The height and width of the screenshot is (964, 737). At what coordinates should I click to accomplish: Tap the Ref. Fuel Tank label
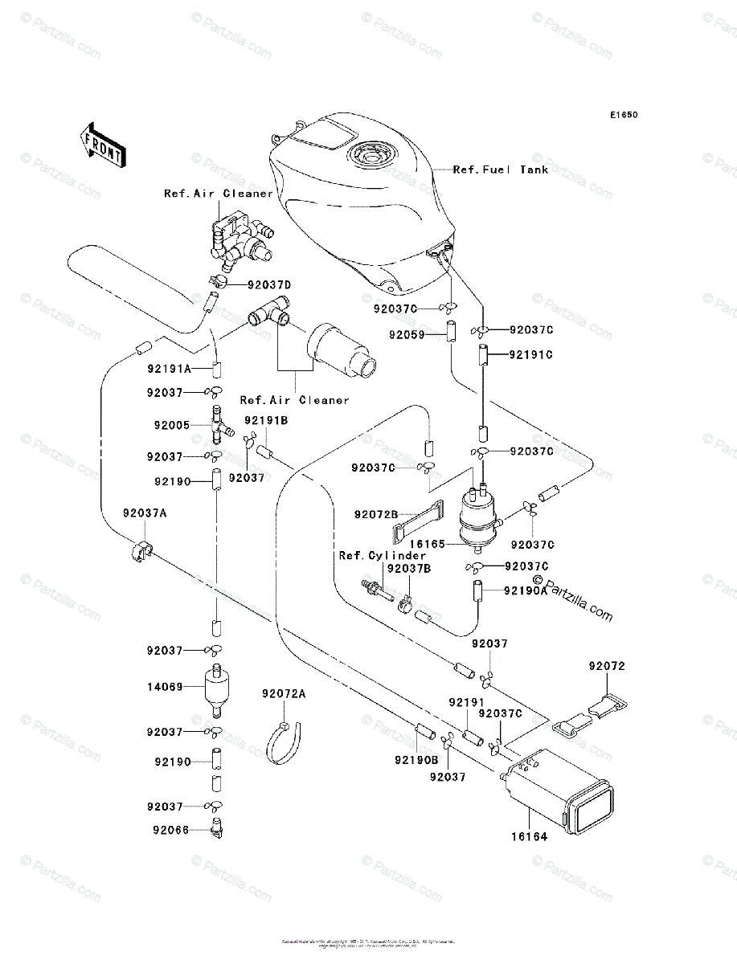pyautogui.click(x=501, y=170)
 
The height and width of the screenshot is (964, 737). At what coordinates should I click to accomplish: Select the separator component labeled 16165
pyautogui.click(x=478, y=517)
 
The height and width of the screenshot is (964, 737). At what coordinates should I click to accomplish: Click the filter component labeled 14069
pyautogui.click(x=215, y=689)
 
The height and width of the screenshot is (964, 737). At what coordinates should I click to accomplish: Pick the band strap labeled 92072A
pyautogui.click(x=286, y=738)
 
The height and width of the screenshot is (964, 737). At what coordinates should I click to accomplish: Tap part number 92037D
pyautogui.click(x=269, y=284)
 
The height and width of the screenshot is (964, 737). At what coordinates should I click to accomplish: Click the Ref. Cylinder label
pyautogui.click(x=382, y=556)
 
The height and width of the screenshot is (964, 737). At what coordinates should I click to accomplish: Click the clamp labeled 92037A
pyautogui.click(x=138, y=552)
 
